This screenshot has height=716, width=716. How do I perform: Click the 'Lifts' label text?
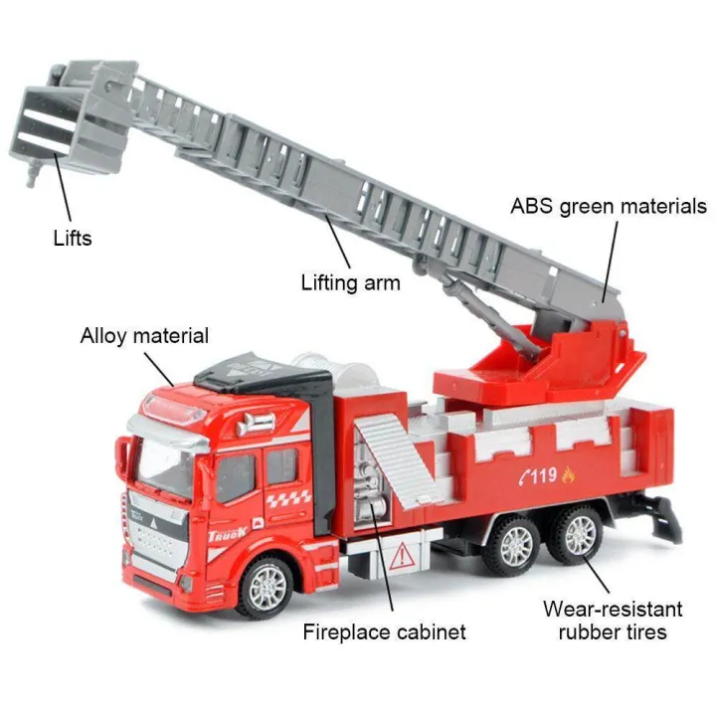click(x=73, y=239)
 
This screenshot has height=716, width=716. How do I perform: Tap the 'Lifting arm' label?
click(x=351, y=282)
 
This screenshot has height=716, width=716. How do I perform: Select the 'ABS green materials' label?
click(x=609, y=207)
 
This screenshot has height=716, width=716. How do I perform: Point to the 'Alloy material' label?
click(x=144, y=336)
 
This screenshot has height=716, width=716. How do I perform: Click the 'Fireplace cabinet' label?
click(x=385, y=632)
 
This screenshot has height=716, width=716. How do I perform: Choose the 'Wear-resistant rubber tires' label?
click(x=613, y=621)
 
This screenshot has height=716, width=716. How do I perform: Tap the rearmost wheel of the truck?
click(x=579, y=536)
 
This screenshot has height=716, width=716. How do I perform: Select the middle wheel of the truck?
click(x=514, y=545)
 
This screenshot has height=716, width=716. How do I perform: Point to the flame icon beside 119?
click(x=568, y=475)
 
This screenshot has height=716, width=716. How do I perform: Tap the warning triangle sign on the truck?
click(x=402, y=555)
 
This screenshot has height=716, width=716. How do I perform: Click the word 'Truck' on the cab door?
click(x=228, y=533)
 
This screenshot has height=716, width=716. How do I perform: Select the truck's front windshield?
click(x=163, y=466)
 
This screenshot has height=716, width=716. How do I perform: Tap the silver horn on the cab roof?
click(x=255, y=423)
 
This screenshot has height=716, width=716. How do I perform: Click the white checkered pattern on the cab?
click(x=288, y=497)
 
